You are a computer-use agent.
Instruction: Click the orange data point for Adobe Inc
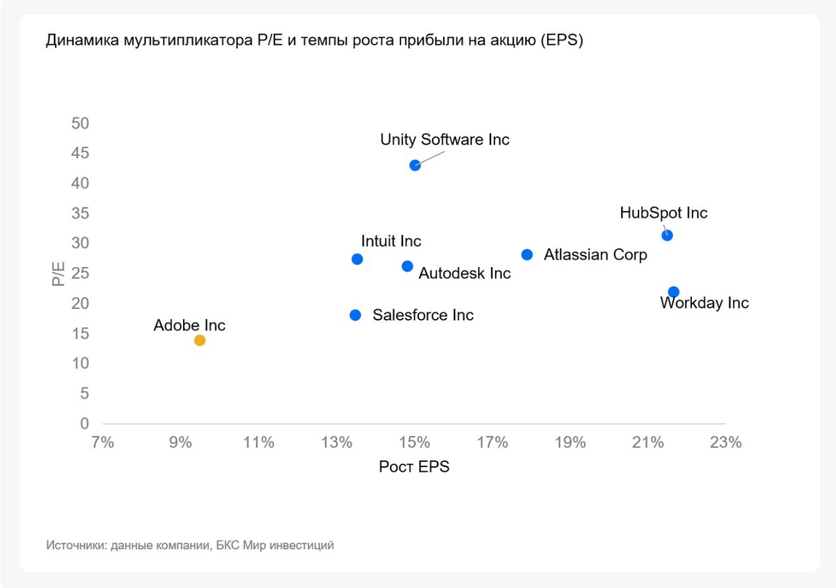pos(200,340)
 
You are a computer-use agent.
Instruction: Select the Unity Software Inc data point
pos(415,165)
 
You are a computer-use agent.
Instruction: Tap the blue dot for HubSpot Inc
pos(667,235)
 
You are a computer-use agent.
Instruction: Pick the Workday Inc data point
pos(674,292)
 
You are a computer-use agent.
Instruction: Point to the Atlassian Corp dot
pos(527,255)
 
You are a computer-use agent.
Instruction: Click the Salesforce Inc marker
pos(355,315)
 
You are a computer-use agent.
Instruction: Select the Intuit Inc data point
pos(357,259)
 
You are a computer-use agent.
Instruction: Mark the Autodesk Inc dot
pos(407,266)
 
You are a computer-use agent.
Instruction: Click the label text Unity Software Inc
pos(444,140)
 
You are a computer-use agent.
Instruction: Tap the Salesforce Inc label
pos(423,315)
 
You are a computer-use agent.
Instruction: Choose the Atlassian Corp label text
pos(595,255)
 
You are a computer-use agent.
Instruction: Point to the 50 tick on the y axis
pos(80,123)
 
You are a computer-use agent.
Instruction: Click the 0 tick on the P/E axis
pos(84,423)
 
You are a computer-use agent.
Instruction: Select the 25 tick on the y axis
pos(80,273)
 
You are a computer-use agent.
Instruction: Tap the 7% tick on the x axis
pos(102,442)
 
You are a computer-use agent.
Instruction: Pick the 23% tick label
pos(725,442)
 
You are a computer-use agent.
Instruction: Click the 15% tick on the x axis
pos(414,442)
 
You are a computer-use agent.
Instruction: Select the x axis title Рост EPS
pos(414,466)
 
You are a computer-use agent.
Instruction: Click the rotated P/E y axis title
pos(58,274)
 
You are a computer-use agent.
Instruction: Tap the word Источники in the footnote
pos(76,545)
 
